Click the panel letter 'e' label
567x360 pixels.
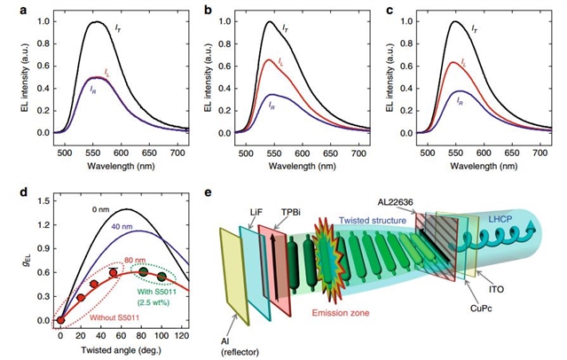tap(207, 190)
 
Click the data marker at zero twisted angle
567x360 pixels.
tap(60, 320)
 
